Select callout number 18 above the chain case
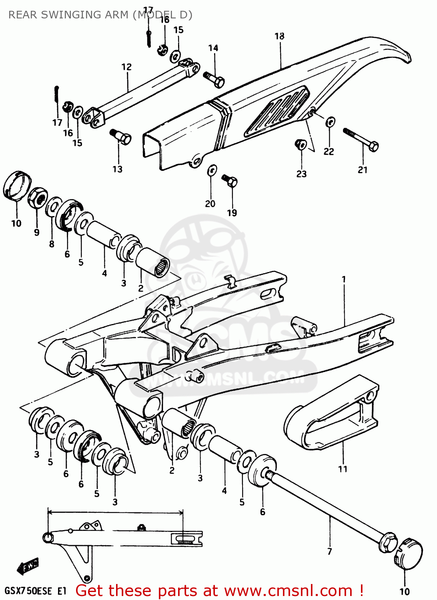279,36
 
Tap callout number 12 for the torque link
126,67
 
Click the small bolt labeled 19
230,180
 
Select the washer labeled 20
212,170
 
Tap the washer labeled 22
330,122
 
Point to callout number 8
52,244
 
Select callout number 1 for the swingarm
343,279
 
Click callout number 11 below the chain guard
343,469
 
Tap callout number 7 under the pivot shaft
329,551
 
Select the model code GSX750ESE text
29,591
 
